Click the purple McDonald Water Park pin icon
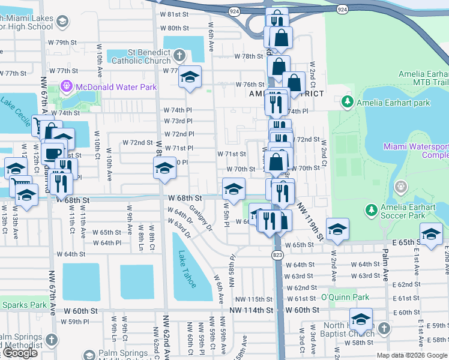(66, 87)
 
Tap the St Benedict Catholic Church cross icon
(179, 57)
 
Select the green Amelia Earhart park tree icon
(347, 103)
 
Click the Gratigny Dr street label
(201, 220)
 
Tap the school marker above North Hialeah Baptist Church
(361, 319)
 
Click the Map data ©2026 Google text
(412, 355)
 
